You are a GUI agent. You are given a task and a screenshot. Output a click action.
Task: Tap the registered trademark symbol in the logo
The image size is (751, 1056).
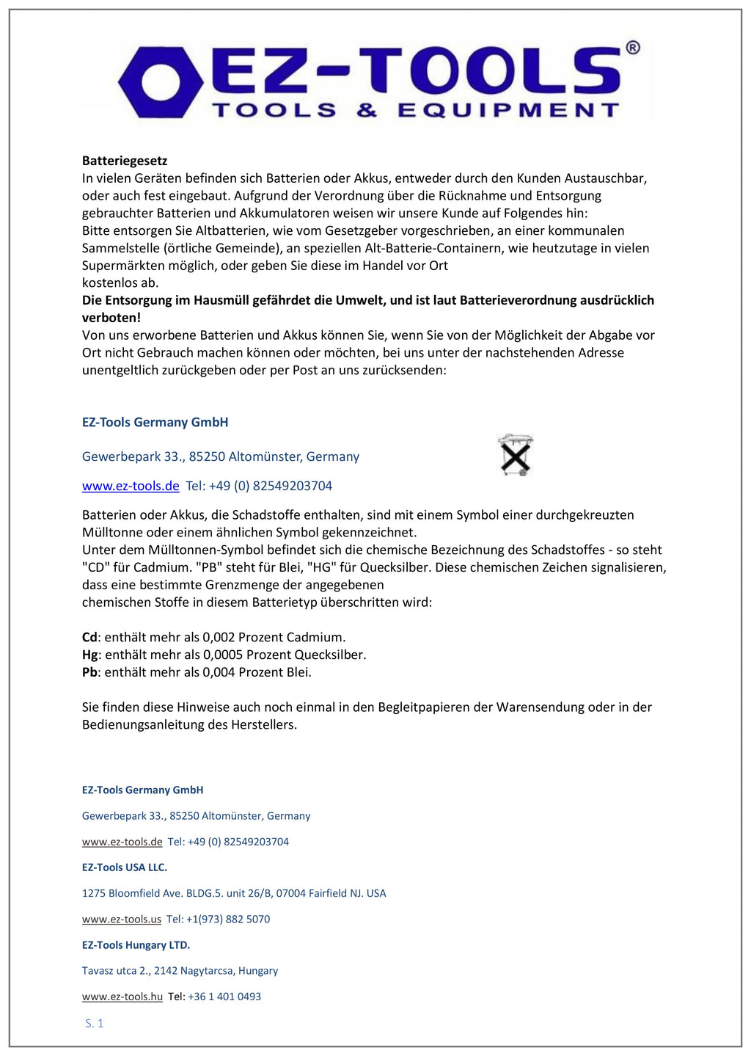pyautogui.click(x=632, y=48)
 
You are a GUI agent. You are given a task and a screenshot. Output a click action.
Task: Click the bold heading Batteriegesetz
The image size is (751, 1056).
pyautogui.click(x=125, y=161)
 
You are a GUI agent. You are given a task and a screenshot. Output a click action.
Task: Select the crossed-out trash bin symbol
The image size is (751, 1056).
pyautogui.click(x=516, y=455)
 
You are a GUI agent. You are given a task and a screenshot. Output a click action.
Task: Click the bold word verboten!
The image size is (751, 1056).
pyautogui.click(x=111, y=318)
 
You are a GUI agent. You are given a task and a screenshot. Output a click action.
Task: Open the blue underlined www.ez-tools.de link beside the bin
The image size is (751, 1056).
pyautogui.click(x=131, y=486)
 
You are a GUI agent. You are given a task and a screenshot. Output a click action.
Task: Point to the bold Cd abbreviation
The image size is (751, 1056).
pyautogui.click(x=89, y=637)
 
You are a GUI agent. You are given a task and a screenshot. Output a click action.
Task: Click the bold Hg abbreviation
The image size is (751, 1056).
pyautogui.click(x=89, y=655)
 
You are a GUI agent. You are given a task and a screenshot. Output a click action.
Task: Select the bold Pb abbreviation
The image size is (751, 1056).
pyautogui.click(x=89, y=672)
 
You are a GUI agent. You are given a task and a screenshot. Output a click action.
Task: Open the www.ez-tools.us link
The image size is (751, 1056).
pyautogui.click(x=122, y=919)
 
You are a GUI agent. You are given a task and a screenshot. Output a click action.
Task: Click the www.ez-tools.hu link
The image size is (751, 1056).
pyautogui.click(x=122, y=997)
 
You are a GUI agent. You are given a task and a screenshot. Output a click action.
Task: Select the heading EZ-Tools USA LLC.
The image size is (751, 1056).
pyautogui.click(x=125, y=867)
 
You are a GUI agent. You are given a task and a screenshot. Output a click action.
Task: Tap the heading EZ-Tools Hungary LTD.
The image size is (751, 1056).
pyautogui.click(x=136, y=945)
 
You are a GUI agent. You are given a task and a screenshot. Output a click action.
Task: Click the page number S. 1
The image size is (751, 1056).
pyautogui.click(x=95, y=1023)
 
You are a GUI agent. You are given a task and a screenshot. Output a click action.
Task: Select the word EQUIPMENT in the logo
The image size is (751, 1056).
pyautogui.click(x=508, y=111)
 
